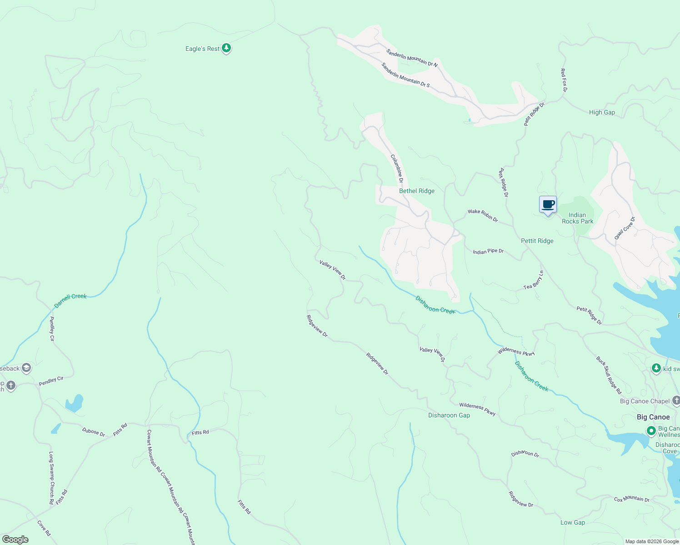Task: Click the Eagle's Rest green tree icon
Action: (226, 48)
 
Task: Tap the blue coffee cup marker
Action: (548, 205)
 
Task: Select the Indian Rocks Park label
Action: (577, 218)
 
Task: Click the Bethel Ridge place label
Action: (416, 191)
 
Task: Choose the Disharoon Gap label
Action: (449, 415)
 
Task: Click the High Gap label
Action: (602, 112)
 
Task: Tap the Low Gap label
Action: (572, 522)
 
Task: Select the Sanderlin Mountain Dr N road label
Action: (412, 58)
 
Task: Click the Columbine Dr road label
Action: (397, 168)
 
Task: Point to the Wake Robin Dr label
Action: (483, 215)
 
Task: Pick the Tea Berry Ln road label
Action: (533, 280)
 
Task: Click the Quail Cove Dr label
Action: (625, 228)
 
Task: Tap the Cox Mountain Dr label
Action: (632, 499)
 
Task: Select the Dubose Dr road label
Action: (93, 432)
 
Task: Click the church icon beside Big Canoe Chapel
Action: (676, 401)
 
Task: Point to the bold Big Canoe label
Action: (653, 417)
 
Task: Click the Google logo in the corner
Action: (15, 539)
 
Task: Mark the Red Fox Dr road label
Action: (564, 80)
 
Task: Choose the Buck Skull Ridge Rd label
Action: (609, 375)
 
